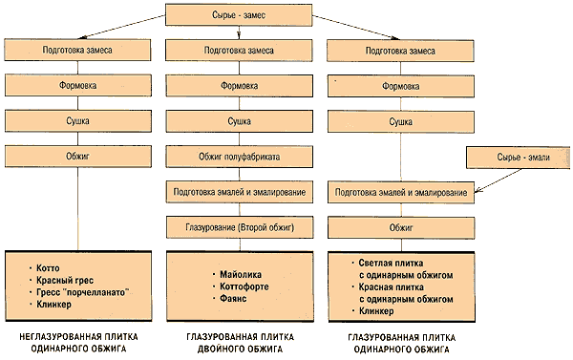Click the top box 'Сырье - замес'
tap(239, 14)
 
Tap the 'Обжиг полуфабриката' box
tap(239, 157)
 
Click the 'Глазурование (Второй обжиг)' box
tap(239, 228)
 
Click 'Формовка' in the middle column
tap(239, 85)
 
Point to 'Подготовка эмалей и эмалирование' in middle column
tap(239, 192)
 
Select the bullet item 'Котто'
tap(50, 268)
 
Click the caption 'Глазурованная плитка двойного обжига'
tap(239, 343)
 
